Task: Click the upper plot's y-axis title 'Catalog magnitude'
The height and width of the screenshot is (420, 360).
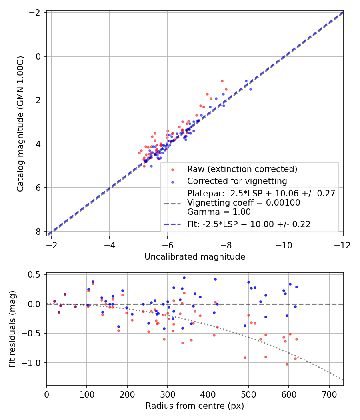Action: (21, 124)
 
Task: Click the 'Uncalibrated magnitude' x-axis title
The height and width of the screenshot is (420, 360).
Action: (195, 257)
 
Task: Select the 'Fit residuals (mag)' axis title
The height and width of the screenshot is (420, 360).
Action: (12, 329)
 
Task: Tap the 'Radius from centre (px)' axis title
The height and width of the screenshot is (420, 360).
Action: (195, 406)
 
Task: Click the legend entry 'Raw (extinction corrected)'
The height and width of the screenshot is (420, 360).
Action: (242, 169)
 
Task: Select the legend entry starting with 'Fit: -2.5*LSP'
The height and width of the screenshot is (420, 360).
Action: (249, 224)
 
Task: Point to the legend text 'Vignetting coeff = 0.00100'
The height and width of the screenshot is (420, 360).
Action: (244, 203)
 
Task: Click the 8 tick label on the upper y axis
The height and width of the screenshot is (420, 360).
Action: (39, 232)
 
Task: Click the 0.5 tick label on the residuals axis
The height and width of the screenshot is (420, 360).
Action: (36, 274)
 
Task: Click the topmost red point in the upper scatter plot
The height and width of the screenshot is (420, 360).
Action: (222, 81)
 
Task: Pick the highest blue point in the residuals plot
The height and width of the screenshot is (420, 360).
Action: (184, 278)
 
